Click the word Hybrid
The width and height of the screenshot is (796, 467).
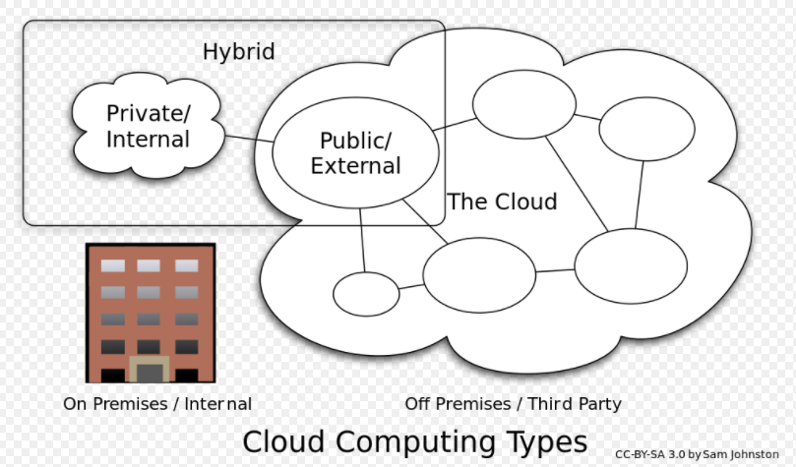pos(238,51)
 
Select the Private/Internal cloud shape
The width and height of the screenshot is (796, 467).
pos(148,126)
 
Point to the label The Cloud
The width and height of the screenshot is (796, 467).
pos(502,202)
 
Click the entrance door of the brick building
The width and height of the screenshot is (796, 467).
pos(151,371)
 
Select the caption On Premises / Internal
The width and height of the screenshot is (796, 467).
pos(157,404)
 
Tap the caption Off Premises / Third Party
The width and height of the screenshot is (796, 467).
pos(513,404)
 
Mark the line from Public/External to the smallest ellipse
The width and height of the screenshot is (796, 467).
pos(362,240)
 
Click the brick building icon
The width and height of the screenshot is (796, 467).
pos(151,313)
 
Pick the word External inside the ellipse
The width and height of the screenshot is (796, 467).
pos(355,166)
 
